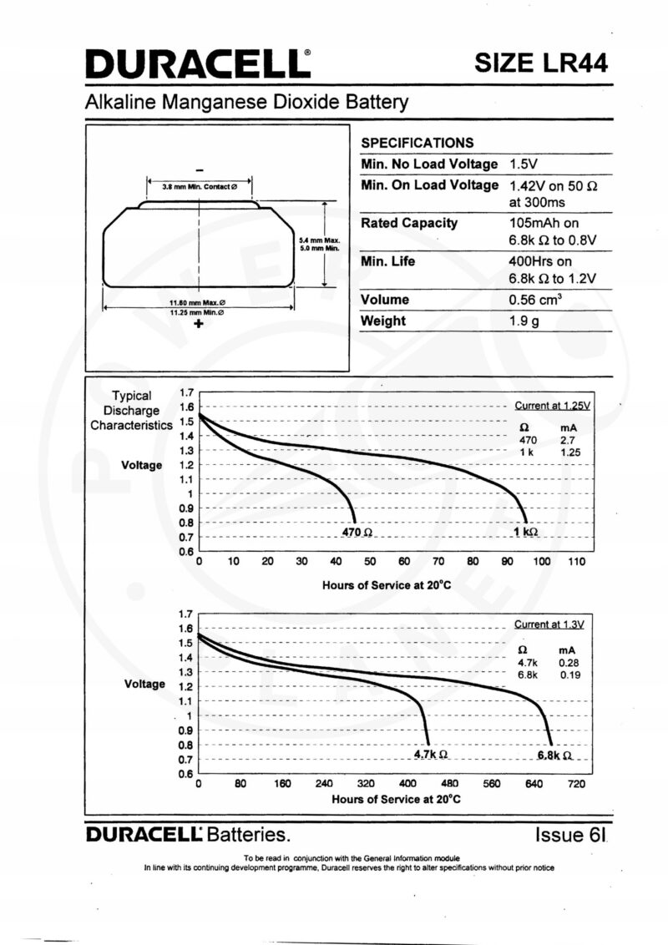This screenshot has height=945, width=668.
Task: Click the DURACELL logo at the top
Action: (x=199, y=64)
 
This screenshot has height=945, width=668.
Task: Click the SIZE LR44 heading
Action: (x=541, y=63)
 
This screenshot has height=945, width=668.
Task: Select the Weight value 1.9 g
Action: (x=524, y=321)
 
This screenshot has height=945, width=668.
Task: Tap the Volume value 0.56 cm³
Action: (x=535, y=300)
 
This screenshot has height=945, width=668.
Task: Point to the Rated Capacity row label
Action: (x=409, y=223)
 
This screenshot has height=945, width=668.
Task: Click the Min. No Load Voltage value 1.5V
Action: (x=523, y=164)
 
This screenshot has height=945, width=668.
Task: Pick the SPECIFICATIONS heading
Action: (x=417, y=143)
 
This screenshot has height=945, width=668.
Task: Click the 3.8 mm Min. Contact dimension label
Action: (x=200, y=187)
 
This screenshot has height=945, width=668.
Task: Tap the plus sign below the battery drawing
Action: (x=199, y=324)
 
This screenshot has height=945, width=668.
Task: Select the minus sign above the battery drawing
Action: (x=200, y=170)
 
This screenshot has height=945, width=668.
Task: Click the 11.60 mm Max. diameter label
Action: (x=197, y=302)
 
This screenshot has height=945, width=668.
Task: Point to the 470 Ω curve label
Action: (x=357, y=532)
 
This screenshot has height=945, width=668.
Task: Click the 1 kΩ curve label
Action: (x=526, y=532)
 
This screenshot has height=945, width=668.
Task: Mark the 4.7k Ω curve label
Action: (x=431, y=754)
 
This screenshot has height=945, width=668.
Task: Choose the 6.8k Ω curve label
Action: (x=554, y=755)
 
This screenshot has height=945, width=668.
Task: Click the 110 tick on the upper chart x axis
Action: (x=576, y=562)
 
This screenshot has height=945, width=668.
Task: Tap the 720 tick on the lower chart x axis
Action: (x=576, y=784)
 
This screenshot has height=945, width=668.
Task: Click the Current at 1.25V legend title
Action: (x=552, y=407)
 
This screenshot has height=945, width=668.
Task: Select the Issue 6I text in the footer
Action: (x=569, y=835)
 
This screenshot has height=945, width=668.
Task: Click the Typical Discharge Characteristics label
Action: (x=131, y=411)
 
